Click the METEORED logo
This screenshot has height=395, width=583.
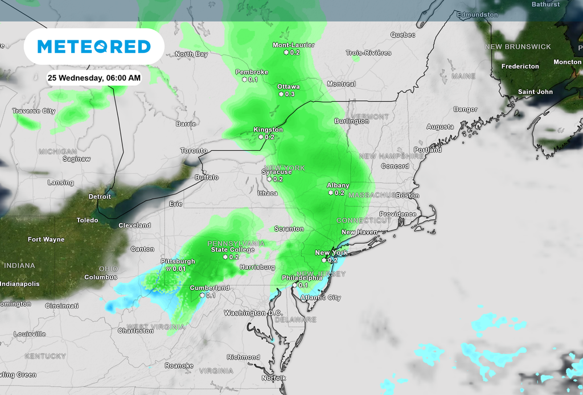pos(94,46)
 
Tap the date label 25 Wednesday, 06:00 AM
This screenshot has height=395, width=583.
pos(94,77)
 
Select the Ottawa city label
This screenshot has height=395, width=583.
pos(288,87)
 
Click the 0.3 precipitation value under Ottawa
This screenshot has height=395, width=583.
pos(290,94)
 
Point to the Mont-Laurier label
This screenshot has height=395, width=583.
pos(293,45)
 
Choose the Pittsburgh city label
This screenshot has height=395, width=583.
pos(178,261)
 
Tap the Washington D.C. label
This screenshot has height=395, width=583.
pos(253,313)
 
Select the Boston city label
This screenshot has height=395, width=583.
pos(407,195)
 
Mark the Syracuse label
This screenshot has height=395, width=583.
pos(276,172)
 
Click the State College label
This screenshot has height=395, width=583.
pos(233,249)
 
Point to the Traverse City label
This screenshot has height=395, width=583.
pos(34,111)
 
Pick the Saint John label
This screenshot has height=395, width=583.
pos(535,92)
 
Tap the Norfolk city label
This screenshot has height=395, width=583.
pos(273,378)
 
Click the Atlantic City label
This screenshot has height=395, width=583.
pos(321,297)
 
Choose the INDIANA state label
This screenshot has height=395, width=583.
pos(19,265)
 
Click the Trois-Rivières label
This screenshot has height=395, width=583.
pos(368,53)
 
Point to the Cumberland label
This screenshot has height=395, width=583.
pos(210,288)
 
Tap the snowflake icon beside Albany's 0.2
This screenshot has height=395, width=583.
pos(330,192)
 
